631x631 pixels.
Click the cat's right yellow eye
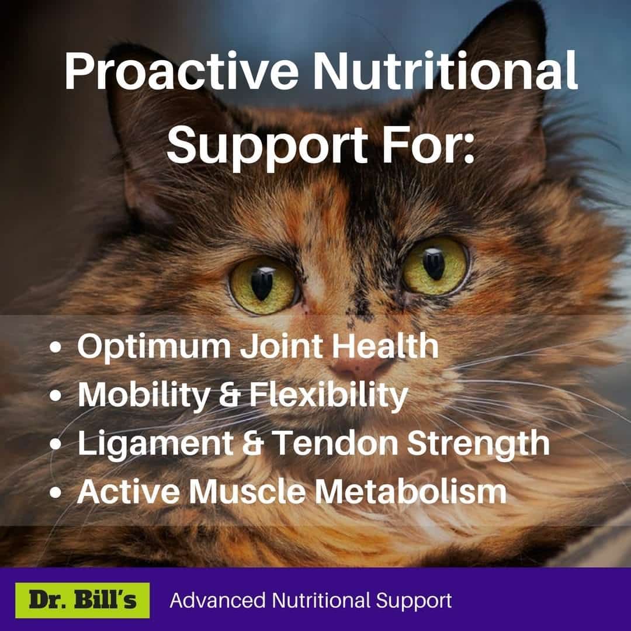coord(435,265)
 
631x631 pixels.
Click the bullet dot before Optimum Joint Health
coord(56,347)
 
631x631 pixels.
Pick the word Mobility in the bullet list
coord(144,395)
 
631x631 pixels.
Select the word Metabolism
coord(411,491)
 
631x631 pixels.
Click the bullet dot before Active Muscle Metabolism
coord(56,492)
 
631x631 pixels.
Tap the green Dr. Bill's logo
coord(82,600)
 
